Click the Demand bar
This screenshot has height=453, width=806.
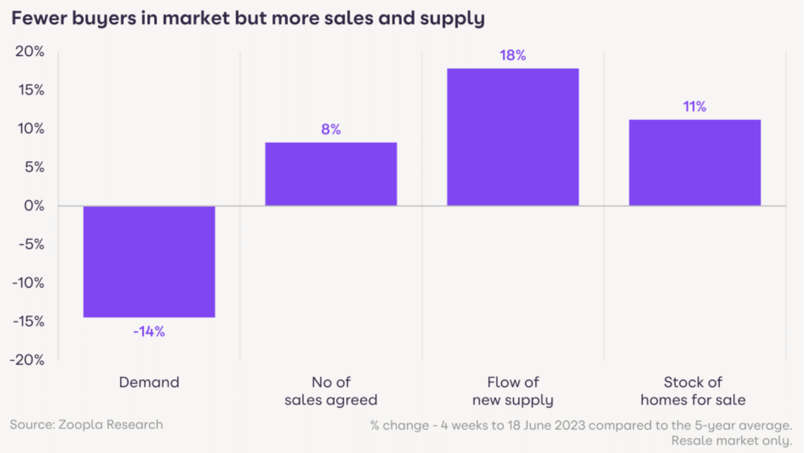[x=149, y=261]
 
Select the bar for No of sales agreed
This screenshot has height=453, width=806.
[x=331, y=174]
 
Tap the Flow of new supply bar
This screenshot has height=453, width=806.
[x=513, y=137]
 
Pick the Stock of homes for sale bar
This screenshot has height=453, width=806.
[x=695, y=162]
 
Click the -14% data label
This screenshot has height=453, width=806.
[x=149, y=331]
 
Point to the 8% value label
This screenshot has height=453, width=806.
[x=331, y=130]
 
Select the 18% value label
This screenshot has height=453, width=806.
[x=513, y=56]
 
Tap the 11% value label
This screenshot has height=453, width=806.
[x=695, y=107]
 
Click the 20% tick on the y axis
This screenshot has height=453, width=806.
[x=30, y=52]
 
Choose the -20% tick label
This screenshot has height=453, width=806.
[x=27, y=360]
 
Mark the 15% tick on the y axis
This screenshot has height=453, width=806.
[x=30, y=90]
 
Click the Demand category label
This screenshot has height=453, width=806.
[x=149, y=382]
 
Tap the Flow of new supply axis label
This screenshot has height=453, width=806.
[x=513, y=390]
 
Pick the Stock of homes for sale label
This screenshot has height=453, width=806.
[x=693, y=390]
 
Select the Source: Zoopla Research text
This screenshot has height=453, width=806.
[x=86, y=425]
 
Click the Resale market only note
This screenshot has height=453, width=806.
[x=732, y=440]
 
